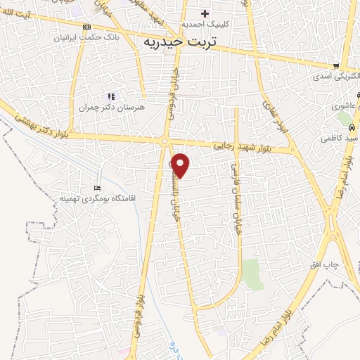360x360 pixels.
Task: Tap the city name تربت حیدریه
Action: point(178,41)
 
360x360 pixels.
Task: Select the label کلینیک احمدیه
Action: point(205,24)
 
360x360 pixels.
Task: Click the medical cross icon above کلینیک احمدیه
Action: point(205,13)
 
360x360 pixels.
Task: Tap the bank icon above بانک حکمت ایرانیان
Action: point(86,27)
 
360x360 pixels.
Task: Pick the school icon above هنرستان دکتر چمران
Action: point(110,96)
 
